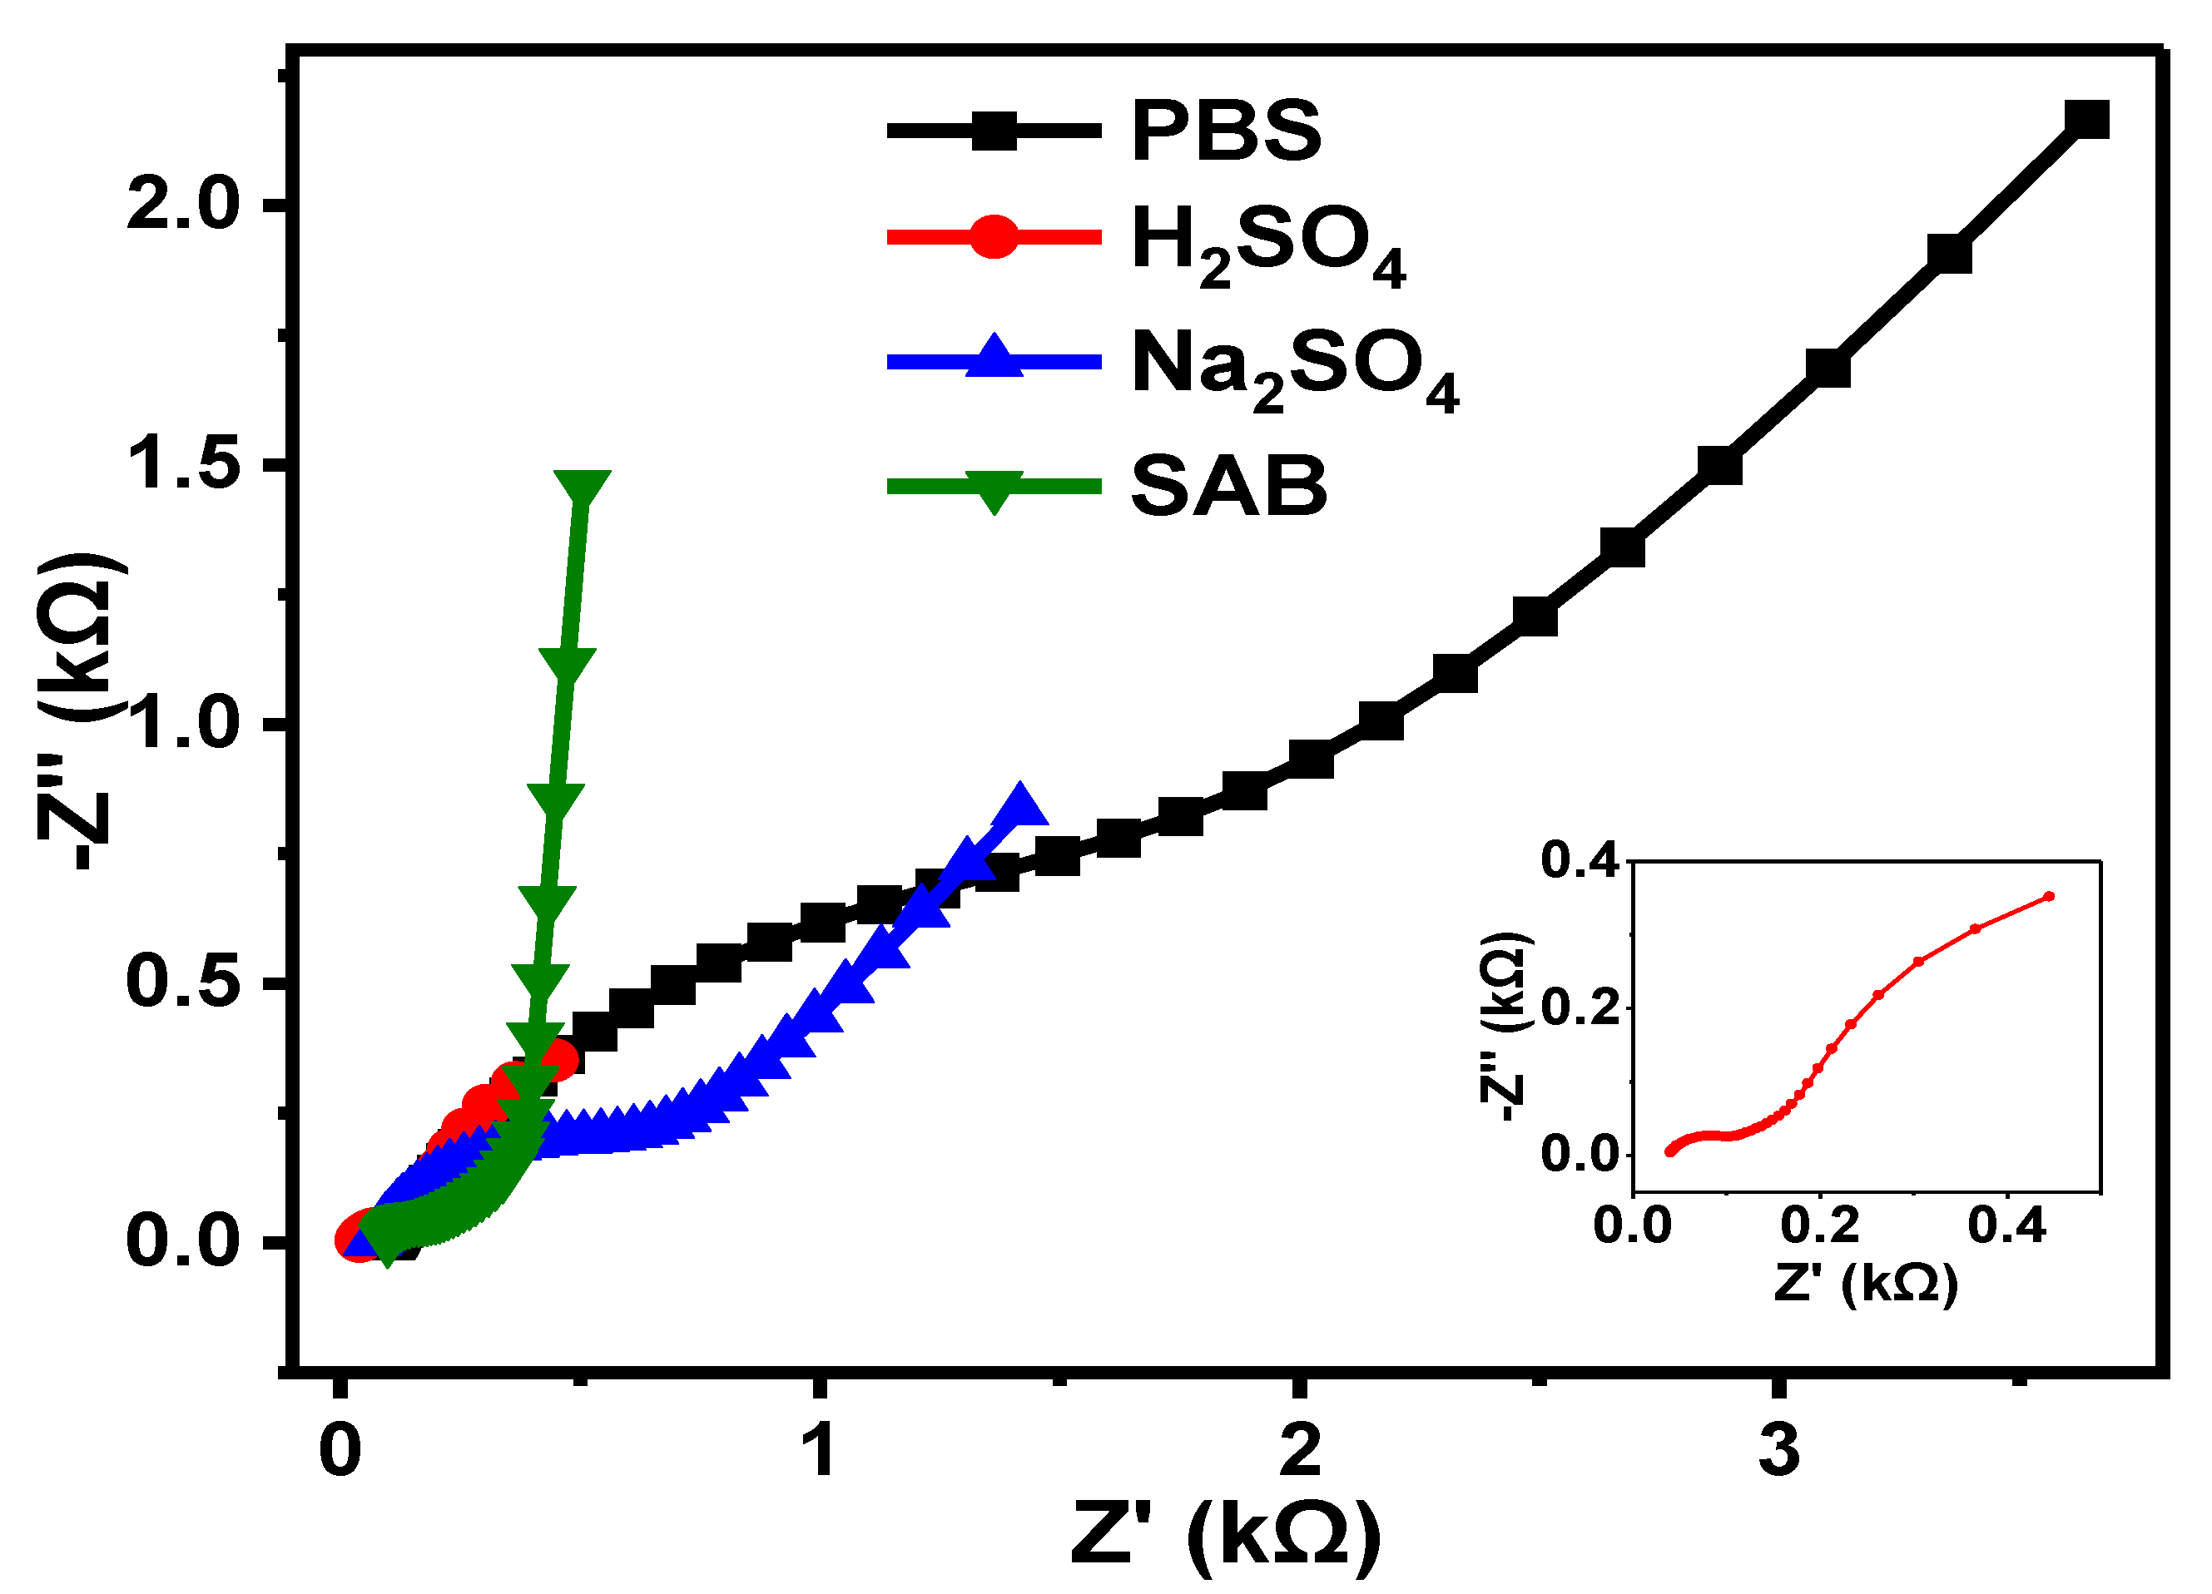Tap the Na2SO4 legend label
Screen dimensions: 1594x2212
(1294, 368)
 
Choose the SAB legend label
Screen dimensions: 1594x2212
(1229, 486)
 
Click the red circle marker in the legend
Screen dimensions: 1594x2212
(994, 237)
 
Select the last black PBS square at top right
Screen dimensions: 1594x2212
(2086, 121)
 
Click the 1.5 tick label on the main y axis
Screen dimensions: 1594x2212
(182, 463)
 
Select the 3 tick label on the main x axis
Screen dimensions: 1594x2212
(1779, 1450)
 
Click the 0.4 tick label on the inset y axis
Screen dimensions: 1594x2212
(1578, 862)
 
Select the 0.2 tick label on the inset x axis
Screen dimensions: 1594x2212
(1820, 1225)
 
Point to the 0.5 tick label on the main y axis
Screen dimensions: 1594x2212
(182, 982)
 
